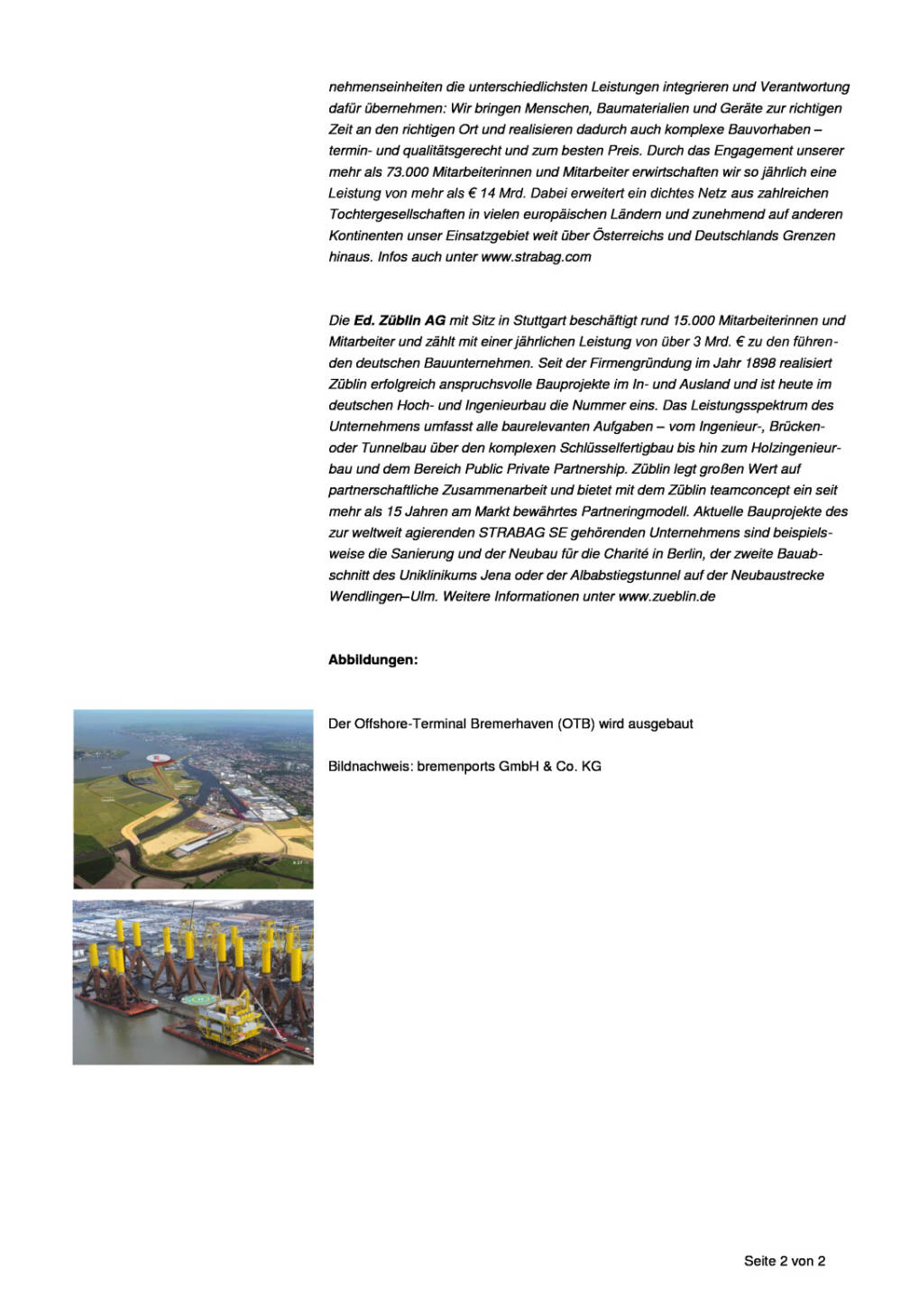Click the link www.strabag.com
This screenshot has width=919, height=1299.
pos(536,257)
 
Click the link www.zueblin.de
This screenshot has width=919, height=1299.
pos(666,596)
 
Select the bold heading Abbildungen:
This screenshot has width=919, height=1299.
pos(372,660)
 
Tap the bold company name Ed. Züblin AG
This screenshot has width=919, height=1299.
pos(400,320)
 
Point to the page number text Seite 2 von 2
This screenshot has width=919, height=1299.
pos(784,1261)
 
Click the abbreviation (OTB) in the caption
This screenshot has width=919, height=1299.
pos(576,723)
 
